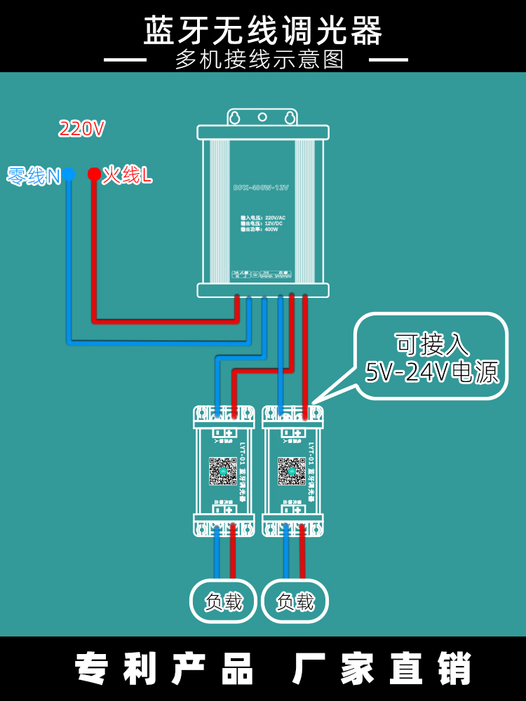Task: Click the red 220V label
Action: [82, 129]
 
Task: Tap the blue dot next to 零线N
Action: [69, 174]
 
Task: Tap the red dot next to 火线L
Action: [93, 174]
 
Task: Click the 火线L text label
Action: [127, 175]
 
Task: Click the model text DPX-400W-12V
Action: [261, 188]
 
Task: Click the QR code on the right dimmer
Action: [292, 471]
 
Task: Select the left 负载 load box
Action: [223, 601]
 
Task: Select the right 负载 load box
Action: [295, 601]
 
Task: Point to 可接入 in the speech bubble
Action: [431, 343]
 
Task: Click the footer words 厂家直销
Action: [382, 669]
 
